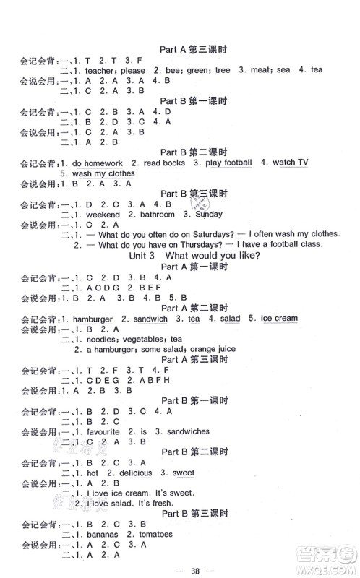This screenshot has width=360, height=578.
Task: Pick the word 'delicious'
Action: coord(131,473)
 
